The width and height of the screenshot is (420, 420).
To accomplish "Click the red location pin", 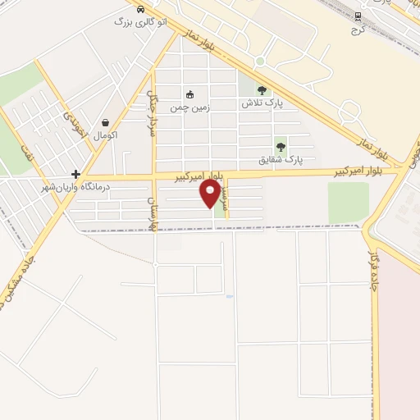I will click(x=210, y=193).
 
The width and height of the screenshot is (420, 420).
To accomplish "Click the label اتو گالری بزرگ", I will click(x=141, y=22).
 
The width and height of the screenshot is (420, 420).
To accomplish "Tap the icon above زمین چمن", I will click(x=190, y=95).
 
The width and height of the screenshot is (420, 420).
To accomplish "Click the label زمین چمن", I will click(x=189, y=107).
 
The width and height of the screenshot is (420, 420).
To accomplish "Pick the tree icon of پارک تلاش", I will click(x=262, y=91).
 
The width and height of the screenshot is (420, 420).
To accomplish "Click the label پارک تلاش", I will click(x=262, y=103).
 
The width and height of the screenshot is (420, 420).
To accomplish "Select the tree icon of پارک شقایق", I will click(x=281, y=147).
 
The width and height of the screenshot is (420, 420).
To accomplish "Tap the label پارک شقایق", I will click(x=281, y=159).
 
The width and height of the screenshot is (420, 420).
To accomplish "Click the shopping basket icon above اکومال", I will click(x=105, y=122).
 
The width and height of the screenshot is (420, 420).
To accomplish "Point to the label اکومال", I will click(x=106, y=134).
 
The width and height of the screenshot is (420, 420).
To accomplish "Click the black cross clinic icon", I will click(x=75, y=174).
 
